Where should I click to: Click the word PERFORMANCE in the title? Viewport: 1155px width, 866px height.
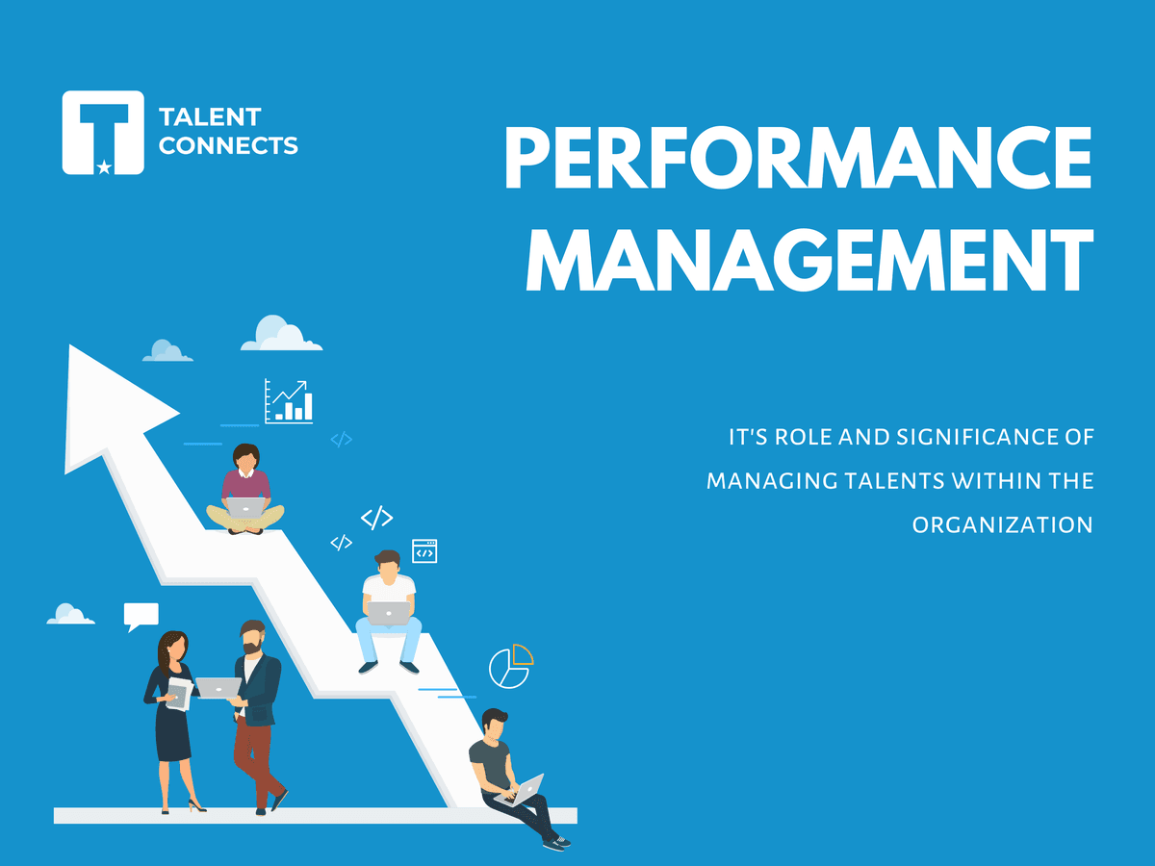798,157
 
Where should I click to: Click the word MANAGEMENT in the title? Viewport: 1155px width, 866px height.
809,259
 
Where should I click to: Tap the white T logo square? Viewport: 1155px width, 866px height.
103,133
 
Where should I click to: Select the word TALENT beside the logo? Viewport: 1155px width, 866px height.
210,116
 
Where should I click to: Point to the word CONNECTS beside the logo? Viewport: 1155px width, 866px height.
228,145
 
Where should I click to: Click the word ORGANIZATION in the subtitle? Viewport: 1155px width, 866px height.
1002,525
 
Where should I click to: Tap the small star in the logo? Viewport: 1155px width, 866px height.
104,167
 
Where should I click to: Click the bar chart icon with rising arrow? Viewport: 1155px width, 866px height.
289,400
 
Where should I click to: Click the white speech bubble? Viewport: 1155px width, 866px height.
141,616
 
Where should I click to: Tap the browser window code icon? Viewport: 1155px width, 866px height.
424,551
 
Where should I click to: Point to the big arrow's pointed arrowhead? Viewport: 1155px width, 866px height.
70,346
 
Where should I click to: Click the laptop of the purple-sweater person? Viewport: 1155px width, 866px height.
245,507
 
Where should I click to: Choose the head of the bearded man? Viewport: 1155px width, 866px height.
252,637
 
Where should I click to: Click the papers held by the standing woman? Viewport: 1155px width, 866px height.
179,694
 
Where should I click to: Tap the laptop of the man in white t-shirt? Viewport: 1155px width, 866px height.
388,614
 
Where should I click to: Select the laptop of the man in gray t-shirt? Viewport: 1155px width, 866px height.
521,790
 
